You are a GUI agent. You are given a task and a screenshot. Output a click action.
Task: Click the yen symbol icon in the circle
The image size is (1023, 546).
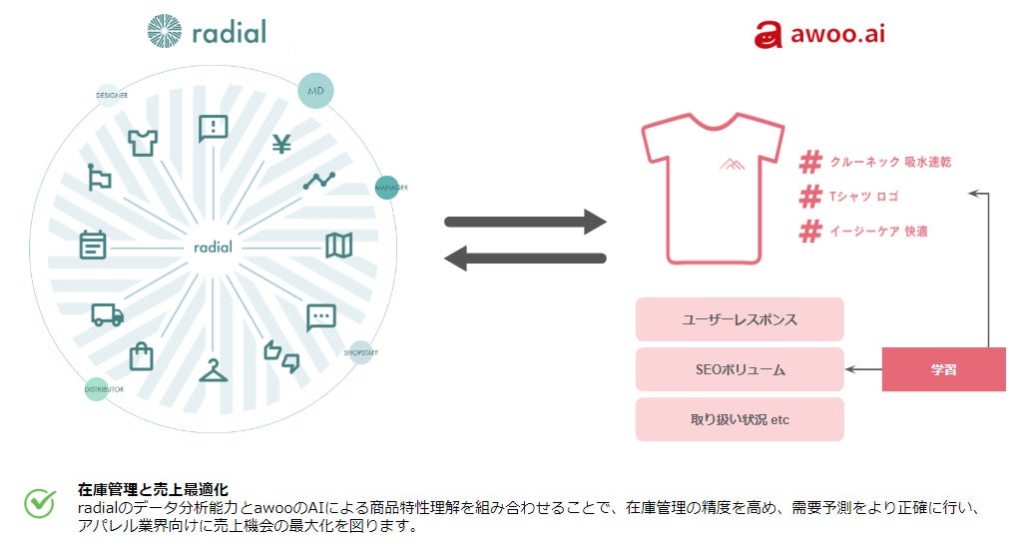tap(281, 145)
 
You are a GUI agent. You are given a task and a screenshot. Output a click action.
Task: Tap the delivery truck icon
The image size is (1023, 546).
tap(107, 314)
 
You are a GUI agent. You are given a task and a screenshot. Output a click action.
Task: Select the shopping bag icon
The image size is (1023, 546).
tap(142, 355)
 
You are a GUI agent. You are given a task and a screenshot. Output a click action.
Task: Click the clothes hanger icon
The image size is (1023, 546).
tap(213, 369)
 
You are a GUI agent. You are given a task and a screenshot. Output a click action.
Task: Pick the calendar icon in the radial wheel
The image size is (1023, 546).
tap(93, 245)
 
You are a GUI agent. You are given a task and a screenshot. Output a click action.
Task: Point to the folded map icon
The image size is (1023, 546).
tap(339, 245)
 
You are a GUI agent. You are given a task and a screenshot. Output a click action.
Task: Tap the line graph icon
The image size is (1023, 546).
tap(320, 181)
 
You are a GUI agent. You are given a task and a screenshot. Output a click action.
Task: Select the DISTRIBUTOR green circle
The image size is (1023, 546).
tap(96, 388)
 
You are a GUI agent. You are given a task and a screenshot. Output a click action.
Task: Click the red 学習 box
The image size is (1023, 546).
tap(943, 370)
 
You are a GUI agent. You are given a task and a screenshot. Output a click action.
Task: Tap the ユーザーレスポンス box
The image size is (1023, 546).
tap(740, 319)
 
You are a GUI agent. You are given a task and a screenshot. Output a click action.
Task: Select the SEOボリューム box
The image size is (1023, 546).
tap(740, 369)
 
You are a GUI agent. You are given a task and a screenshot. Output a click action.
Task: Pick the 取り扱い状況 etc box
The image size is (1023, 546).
tap(740, 419)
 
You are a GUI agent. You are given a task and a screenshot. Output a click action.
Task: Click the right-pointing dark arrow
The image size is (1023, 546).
tap(526, 222)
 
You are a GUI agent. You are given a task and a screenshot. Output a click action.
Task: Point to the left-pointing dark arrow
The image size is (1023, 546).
tap(525, 259)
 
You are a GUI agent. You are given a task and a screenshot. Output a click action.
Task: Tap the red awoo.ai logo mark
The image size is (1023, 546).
tap(767, 35)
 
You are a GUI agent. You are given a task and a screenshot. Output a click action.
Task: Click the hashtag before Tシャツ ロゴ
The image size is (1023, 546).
tap(810, 197)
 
